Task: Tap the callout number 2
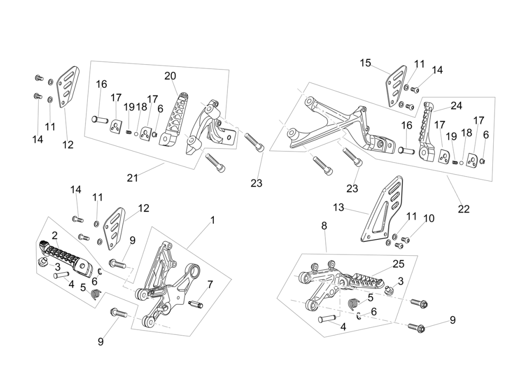[55, 235]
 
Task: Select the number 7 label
[210, 285]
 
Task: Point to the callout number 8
[324, 225]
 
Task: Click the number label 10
[429, 219]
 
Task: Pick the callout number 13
[338, 207]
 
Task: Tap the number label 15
[365, 63]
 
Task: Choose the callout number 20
[170, 76]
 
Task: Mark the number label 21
[132, 178]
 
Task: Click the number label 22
[464, 209]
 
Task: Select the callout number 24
[456, 106]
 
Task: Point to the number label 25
[399, 264]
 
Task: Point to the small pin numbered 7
[196, 304]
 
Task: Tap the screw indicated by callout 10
[406, 239]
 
